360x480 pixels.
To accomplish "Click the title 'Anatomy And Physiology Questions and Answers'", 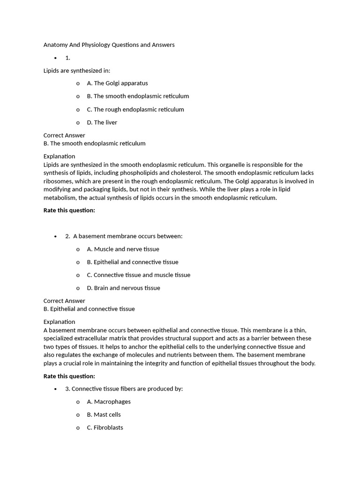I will (109, 45).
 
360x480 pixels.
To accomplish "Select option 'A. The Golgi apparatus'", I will (117, 83).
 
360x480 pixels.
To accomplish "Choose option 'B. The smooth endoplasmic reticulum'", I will (138, 96).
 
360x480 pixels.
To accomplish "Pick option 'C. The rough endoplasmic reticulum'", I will (135, 109).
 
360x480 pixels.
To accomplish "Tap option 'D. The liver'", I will (102, 122).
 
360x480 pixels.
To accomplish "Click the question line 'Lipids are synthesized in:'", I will (77, 70).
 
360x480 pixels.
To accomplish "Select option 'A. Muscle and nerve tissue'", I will (123, 249).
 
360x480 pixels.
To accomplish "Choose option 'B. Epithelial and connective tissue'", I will (133, 262).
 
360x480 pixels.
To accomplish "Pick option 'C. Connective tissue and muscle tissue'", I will (138, 275).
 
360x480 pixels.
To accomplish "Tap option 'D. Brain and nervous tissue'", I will (123, 288).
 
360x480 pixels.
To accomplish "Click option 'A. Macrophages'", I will (109, 402).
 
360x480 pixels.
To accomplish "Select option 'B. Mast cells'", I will (104, 414).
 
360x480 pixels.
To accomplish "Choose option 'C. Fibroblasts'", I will (105, 427).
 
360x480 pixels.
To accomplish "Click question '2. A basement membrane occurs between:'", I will (124, 236).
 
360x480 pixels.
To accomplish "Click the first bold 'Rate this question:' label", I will (69, 210).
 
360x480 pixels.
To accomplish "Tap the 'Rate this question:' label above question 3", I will (69, 376).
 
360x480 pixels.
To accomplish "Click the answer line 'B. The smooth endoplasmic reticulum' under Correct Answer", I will (94, 143).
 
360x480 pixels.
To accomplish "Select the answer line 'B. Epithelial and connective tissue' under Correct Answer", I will (89, 309).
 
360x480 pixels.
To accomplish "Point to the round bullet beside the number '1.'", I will (55, 58).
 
